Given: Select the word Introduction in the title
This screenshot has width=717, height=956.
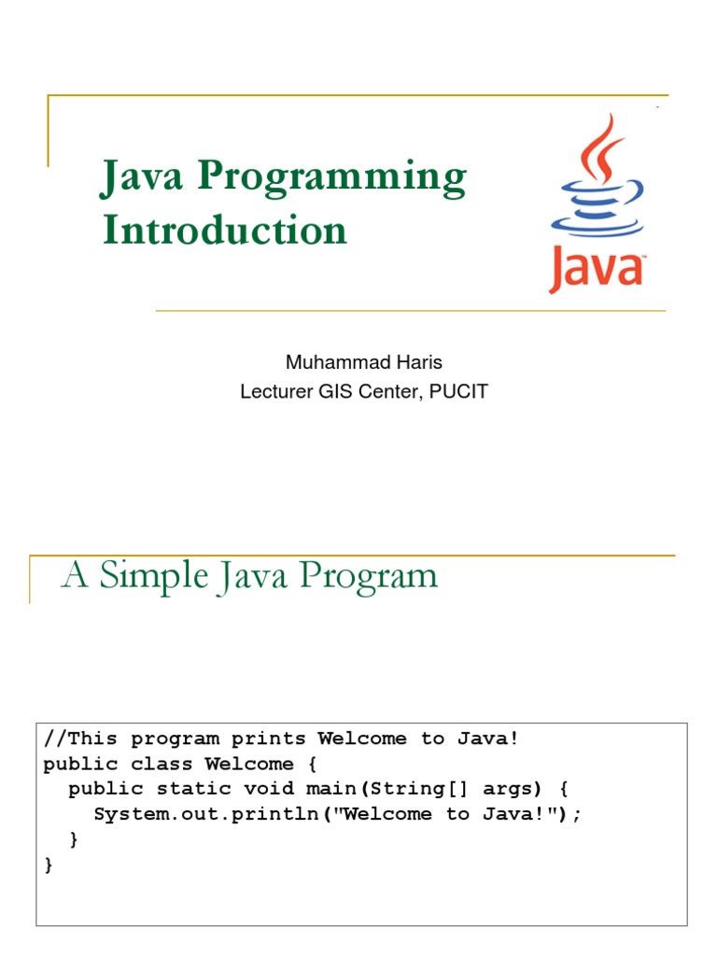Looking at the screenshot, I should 225,230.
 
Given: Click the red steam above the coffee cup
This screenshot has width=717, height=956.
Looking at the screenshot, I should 603,155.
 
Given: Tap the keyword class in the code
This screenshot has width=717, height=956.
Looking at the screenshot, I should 156,764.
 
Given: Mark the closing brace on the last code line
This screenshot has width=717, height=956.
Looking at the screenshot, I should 49,865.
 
